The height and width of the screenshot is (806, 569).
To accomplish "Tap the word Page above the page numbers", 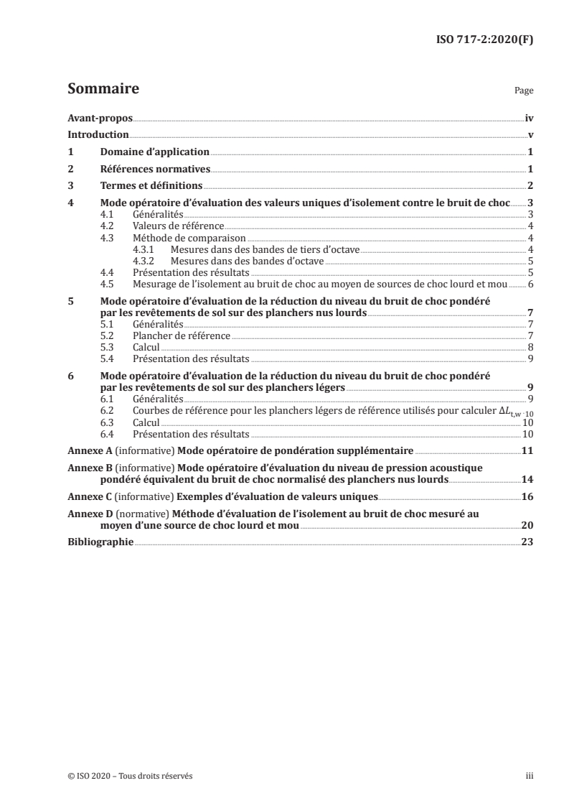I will point(523,92).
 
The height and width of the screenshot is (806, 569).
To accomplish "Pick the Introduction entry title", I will point(98,135).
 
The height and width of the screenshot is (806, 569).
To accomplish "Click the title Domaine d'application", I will point(154,152).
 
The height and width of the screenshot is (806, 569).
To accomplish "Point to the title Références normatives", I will point(154,170).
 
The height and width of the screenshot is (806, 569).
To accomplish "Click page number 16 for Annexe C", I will point(527,496).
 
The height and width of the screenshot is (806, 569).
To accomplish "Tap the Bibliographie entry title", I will point(100,542).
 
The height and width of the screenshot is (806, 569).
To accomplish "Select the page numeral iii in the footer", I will point(530,776).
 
